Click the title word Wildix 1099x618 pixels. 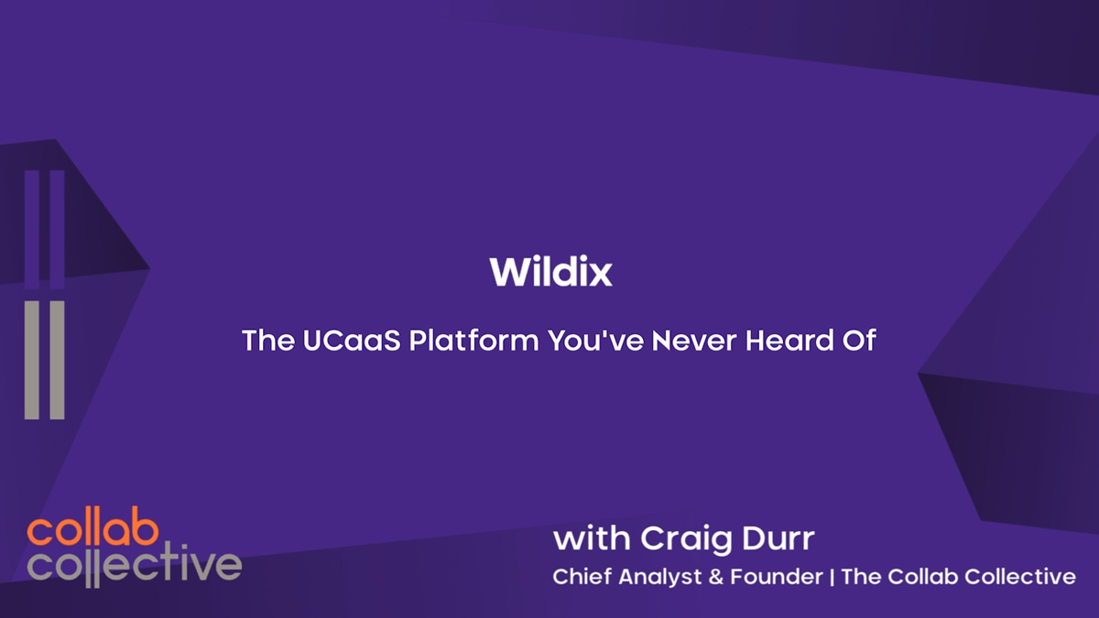[550, 272]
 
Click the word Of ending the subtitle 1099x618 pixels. [860, 341]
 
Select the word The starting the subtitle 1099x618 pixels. [267, 341]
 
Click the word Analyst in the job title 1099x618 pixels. [652, 577]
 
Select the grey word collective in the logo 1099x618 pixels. [134, 565]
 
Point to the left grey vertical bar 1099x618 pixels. [32, 360]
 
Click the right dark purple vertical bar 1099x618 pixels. [58, 229]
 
